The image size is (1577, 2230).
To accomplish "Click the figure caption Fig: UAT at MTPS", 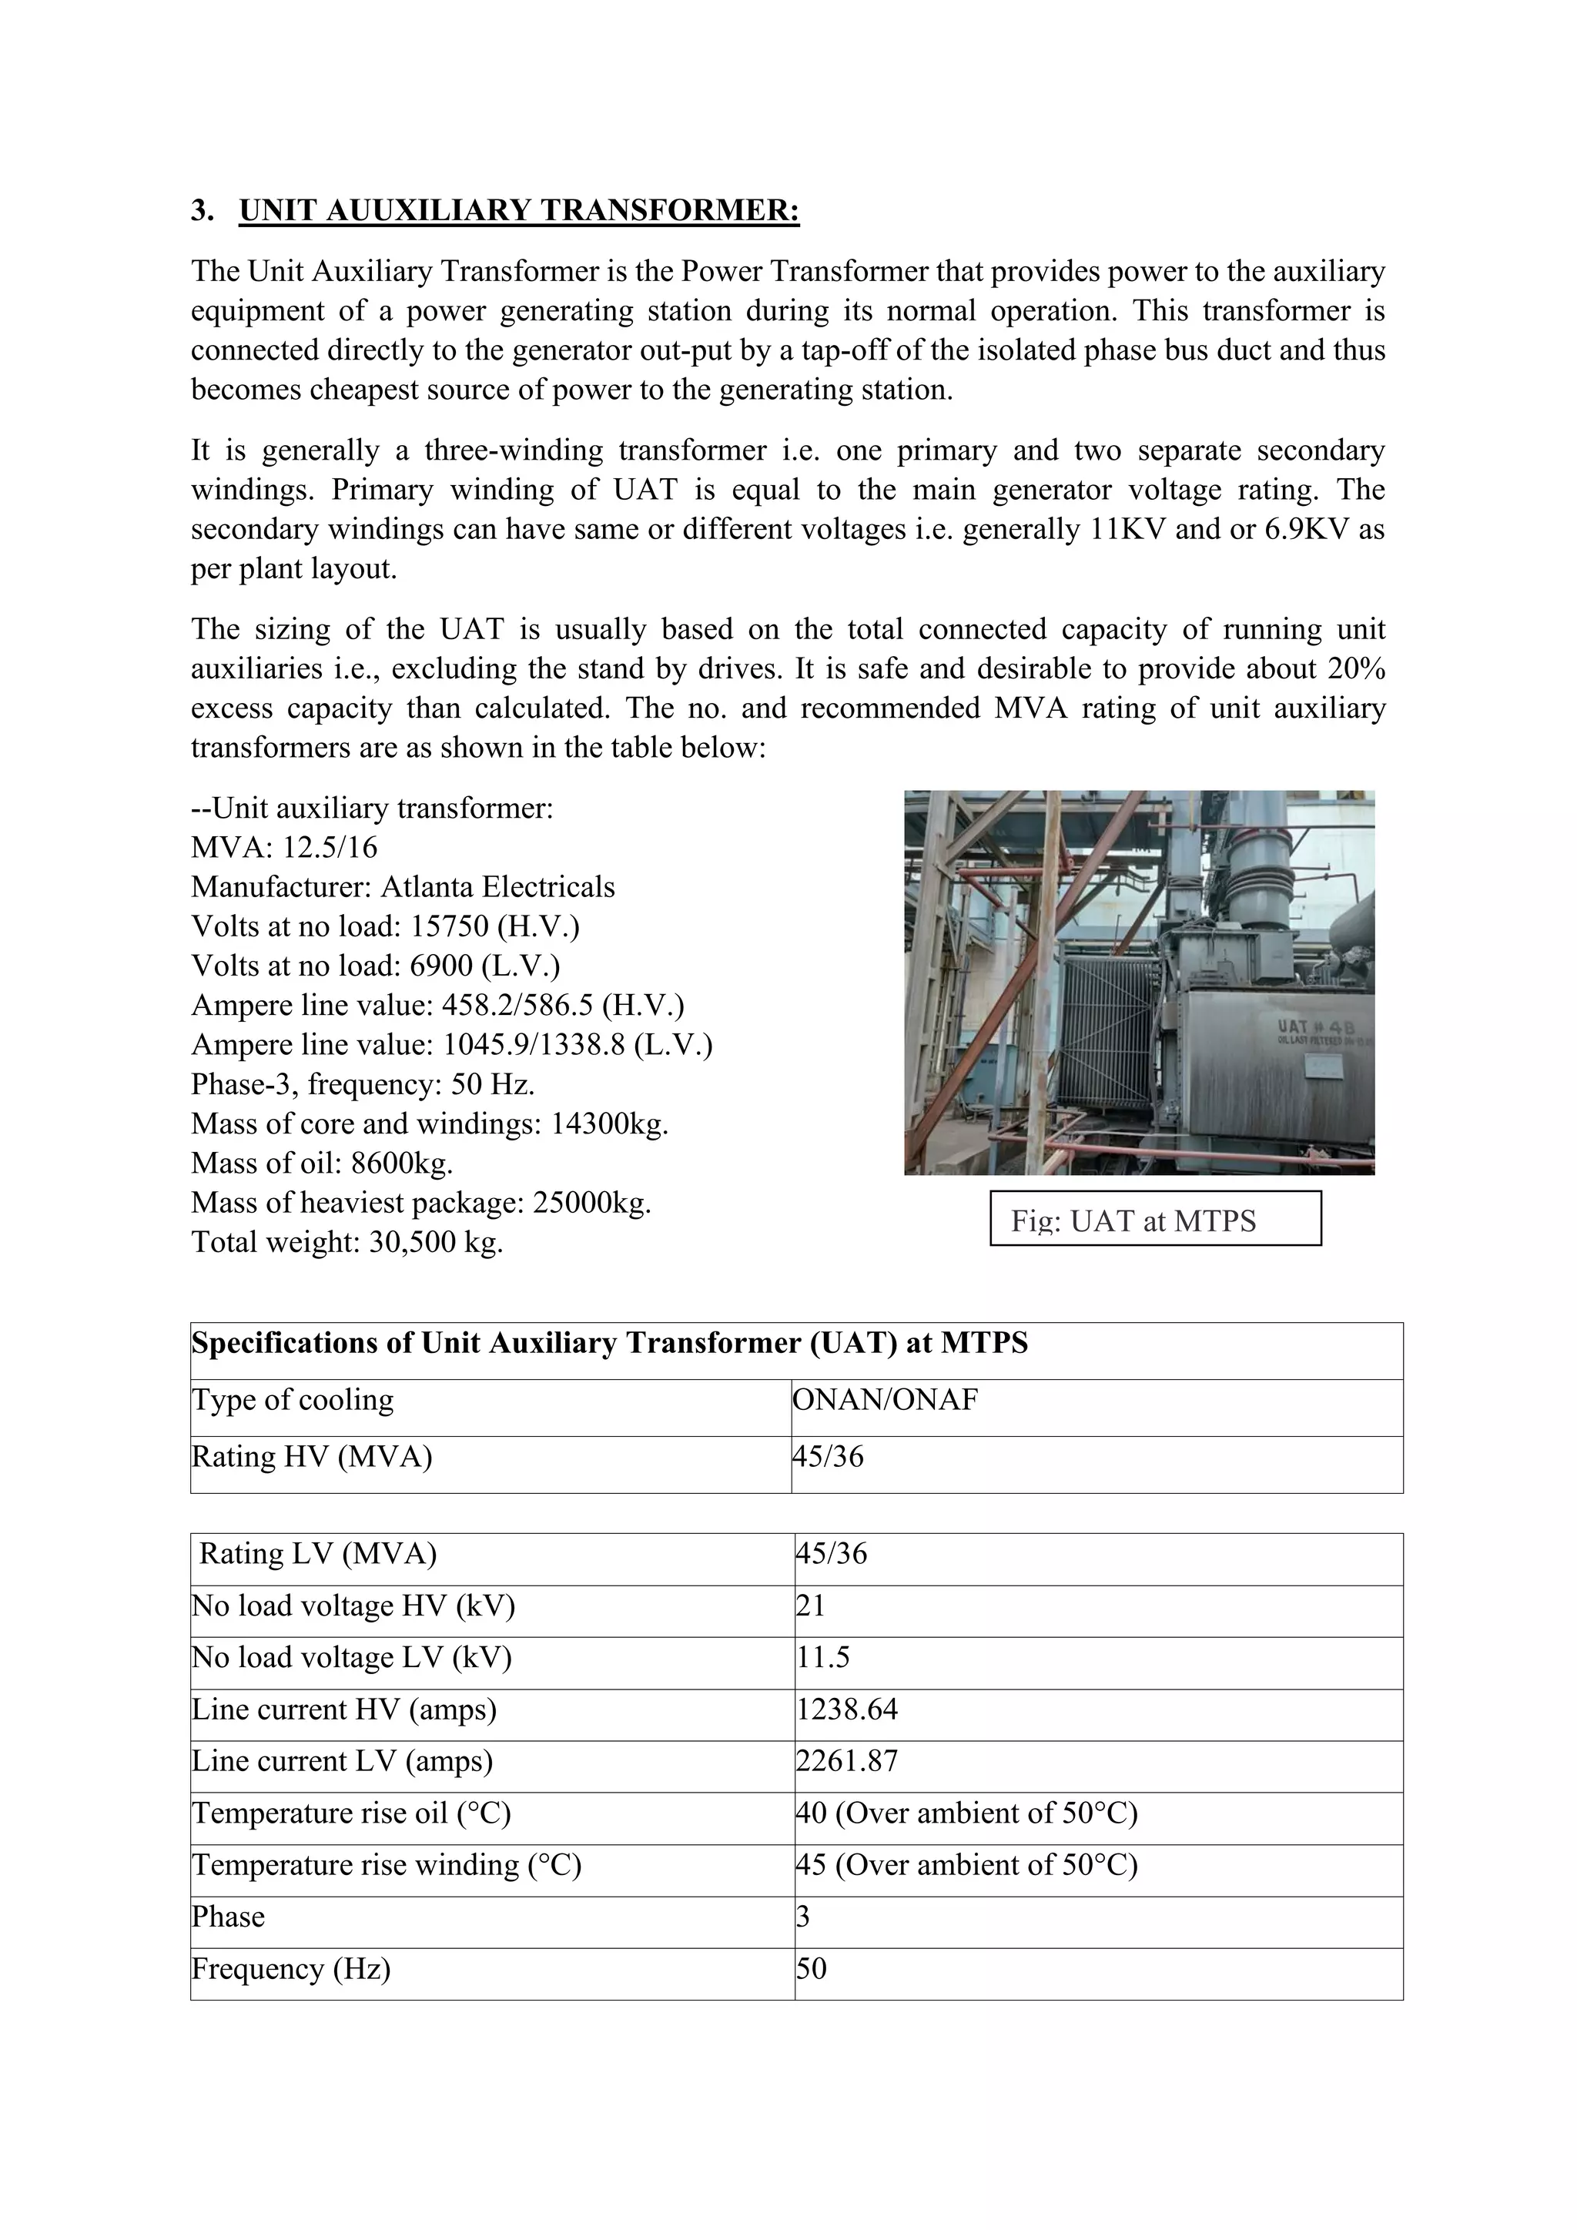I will click(x=1133, y=1220).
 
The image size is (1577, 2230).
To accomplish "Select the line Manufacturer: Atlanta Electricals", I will click(x=403, y=887).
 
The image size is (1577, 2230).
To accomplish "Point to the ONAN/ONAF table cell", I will click(x=885, y=1400).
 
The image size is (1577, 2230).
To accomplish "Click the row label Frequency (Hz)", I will click(x=290, y=1969).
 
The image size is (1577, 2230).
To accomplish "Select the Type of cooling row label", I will click(x=293, y=1400).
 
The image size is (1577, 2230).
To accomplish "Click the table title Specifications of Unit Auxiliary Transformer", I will click(x=609, y=1343).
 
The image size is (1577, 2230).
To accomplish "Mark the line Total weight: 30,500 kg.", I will click(x=347, y=1242).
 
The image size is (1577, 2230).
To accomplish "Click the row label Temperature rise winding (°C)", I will click(x=386, y=1865).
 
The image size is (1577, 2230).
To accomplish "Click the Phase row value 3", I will click(x=803, y=1917).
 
